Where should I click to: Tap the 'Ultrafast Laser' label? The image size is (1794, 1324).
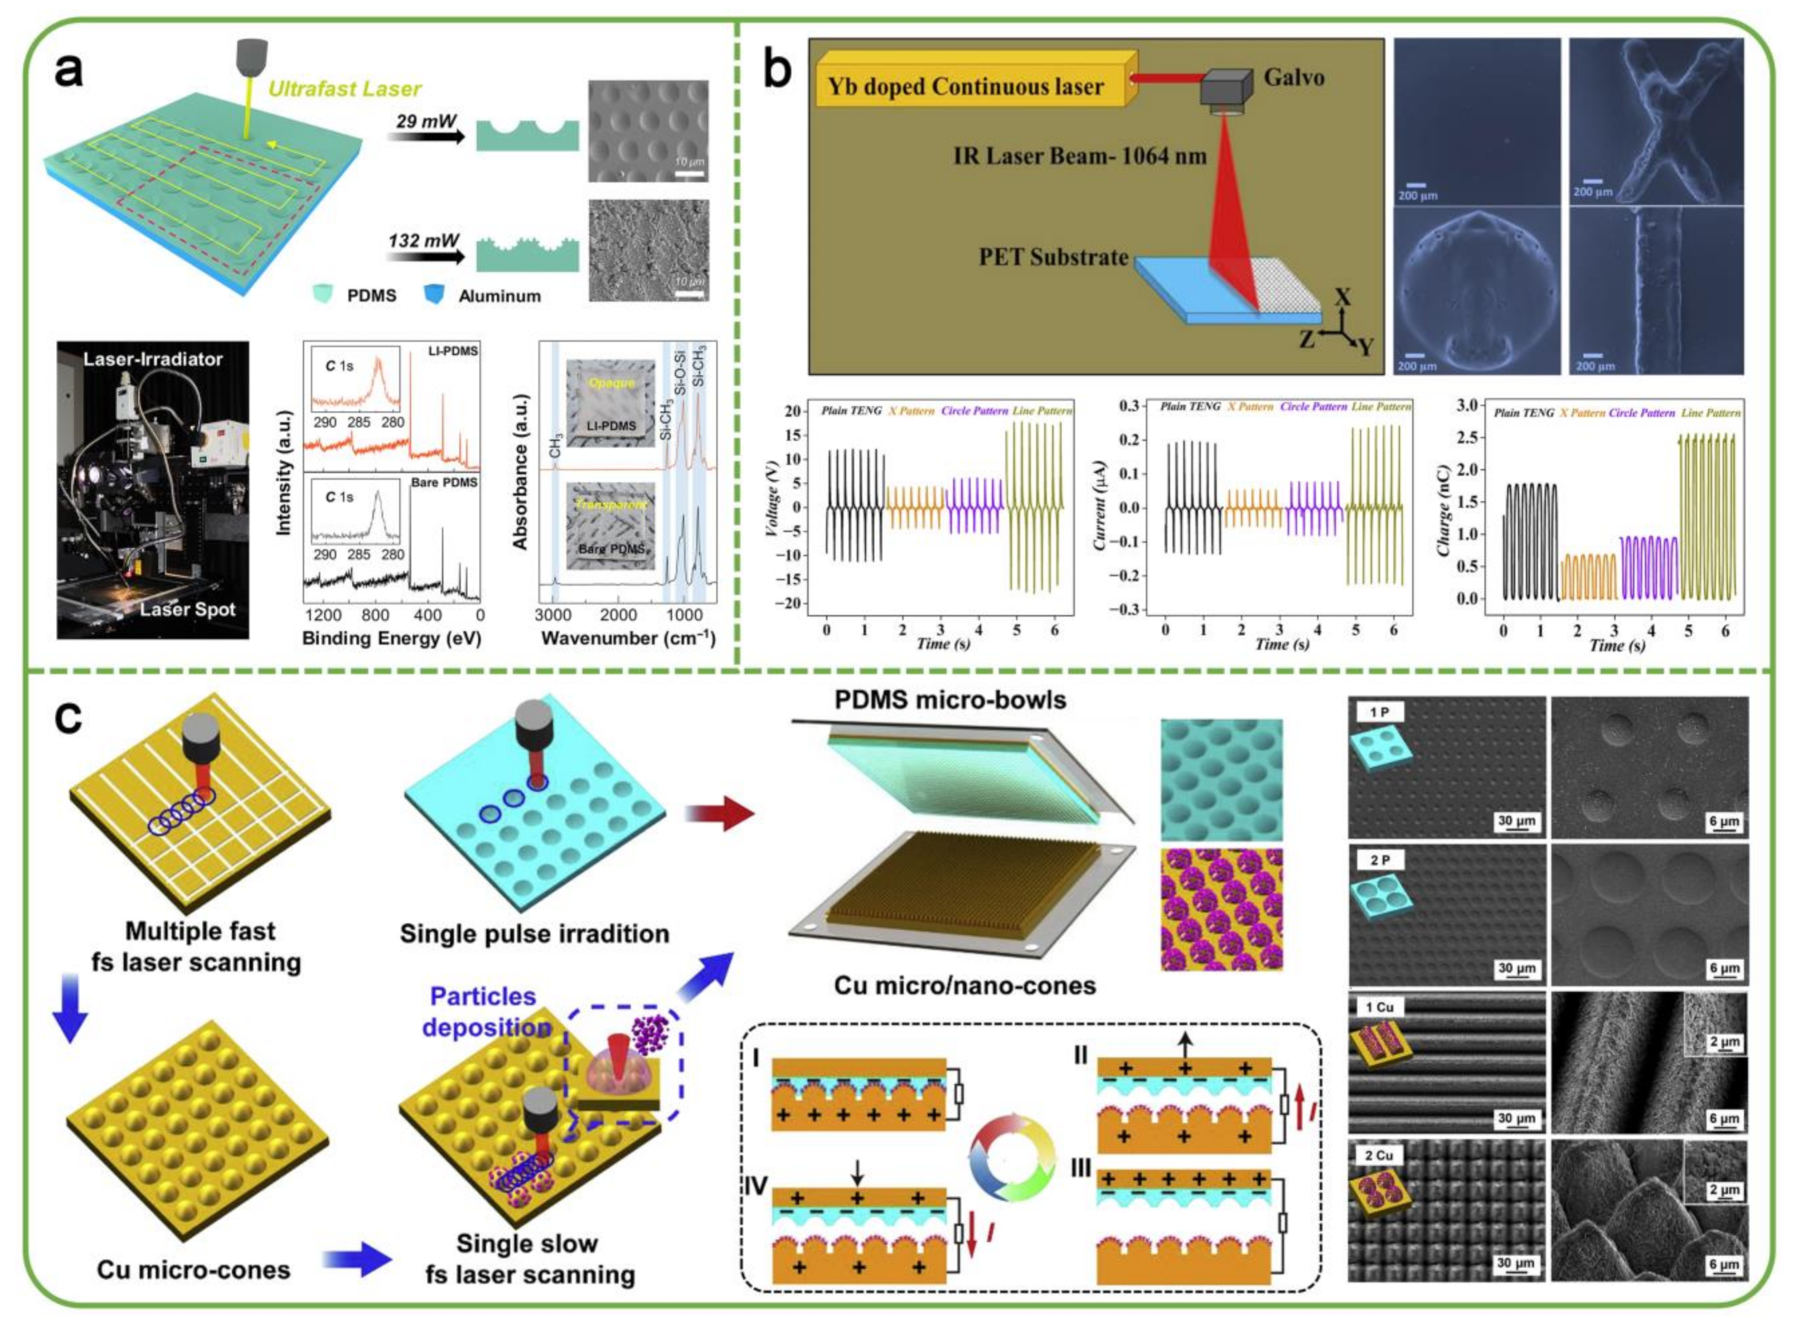(x=345, y=89)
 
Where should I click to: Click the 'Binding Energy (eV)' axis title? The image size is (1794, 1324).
(x=392, y=638)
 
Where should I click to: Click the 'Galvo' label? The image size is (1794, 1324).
(x=1293, y=78)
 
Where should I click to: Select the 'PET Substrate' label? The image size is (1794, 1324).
(x=1053, y=257)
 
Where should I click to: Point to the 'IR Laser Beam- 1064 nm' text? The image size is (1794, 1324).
(x=1079, y=156)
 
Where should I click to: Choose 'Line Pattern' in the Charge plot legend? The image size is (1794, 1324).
(x=1711, y=413)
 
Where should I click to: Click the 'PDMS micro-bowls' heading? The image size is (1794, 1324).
(x=951, y=700)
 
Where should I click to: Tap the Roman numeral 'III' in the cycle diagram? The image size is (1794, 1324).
(x=1082, y=1168)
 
